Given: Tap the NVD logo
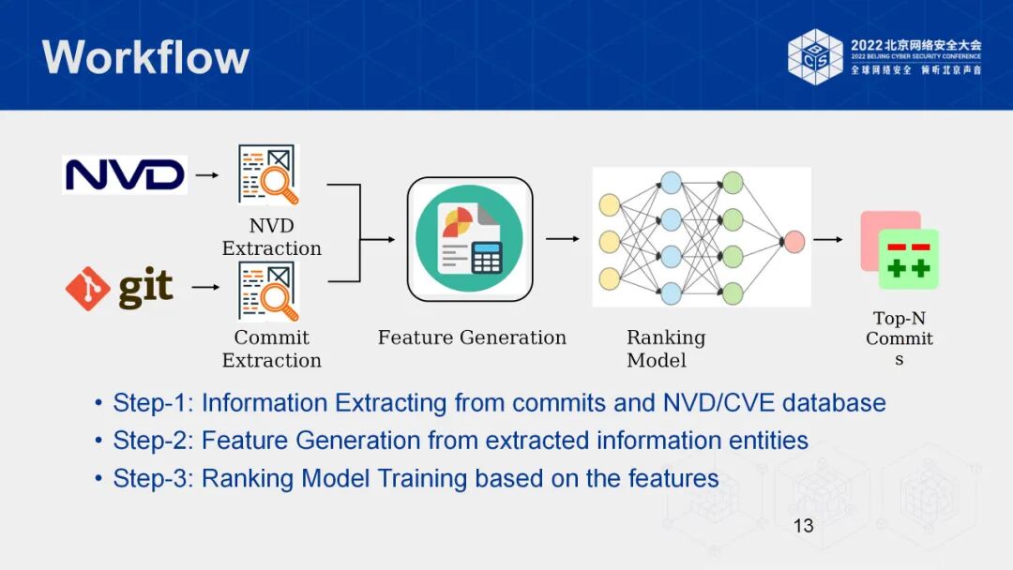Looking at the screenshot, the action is click(x=125, y=174).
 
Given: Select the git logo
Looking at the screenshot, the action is click(x=120, y=288).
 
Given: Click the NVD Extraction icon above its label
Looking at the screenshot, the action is click(x=268, y=175).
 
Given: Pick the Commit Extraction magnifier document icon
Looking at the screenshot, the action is click(x=268, y=291).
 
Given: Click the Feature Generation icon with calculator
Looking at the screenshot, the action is click(x=470, y=239).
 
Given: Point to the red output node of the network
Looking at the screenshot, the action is click(x=794, y=241).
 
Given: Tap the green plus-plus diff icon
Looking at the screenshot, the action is click(x=908, y=260).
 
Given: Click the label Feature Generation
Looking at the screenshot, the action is click(x=472, y=337).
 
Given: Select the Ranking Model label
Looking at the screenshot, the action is click(x=665, y=349).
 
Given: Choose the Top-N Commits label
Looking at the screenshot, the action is click(x=899, y=338).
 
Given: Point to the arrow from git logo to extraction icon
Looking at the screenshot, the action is click(x=204, y=288).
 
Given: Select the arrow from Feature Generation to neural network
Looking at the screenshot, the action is click(x=562, y=238).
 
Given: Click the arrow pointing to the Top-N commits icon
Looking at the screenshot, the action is click(x=827, y=239).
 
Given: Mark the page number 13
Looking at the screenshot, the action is click(x=803, y=526).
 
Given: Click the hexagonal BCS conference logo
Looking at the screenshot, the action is click(x=815, y=56).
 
